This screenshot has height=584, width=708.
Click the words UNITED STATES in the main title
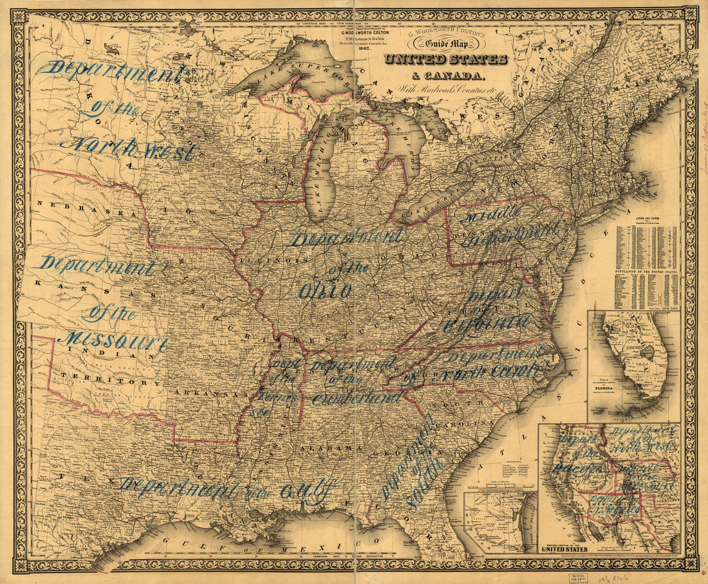(x=445, y=60)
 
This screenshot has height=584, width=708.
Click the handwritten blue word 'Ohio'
(x=326, y=290)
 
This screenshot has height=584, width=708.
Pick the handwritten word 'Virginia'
(x=486, y=322)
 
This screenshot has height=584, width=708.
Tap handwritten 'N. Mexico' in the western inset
(x=617, y=510)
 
